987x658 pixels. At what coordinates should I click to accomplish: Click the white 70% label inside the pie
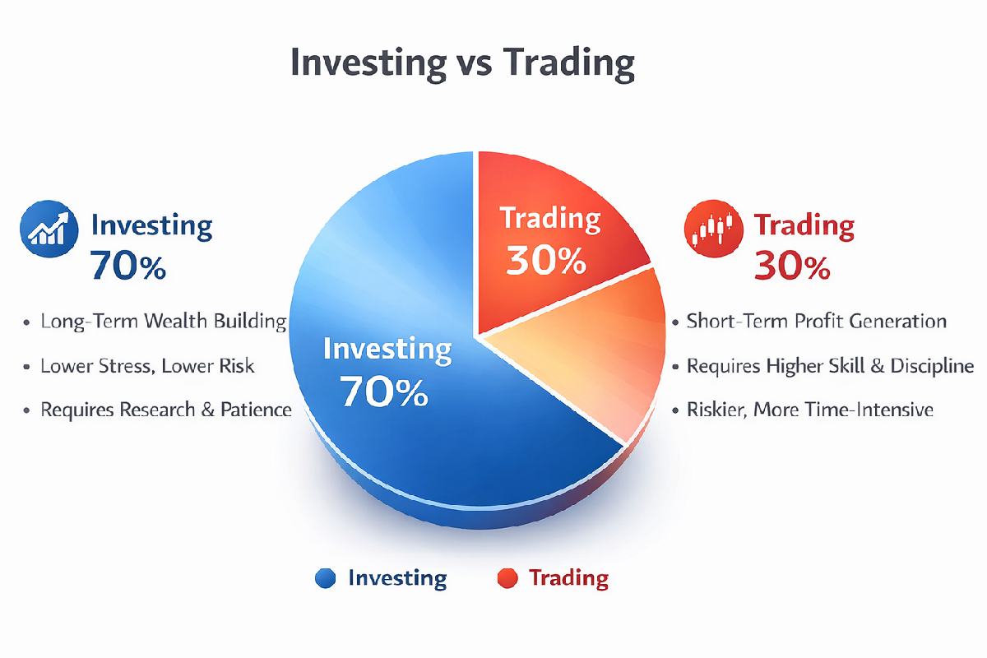coord(385,392)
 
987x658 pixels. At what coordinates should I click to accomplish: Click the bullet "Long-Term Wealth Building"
coord(163,322)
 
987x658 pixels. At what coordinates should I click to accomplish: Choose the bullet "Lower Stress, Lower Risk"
coord(147,365)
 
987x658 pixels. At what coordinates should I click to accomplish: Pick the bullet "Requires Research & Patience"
coord(165,409)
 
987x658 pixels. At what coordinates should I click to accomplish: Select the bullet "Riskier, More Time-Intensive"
coord(809,409)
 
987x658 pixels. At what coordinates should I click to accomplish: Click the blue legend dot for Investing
coord(326,579)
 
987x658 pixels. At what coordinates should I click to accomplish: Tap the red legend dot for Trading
coord(507,579)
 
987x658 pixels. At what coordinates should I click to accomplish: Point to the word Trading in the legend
coord(568,578)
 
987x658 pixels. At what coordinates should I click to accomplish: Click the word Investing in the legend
coord(397,578)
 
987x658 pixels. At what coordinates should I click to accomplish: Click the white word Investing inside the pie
coord(387,349)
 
